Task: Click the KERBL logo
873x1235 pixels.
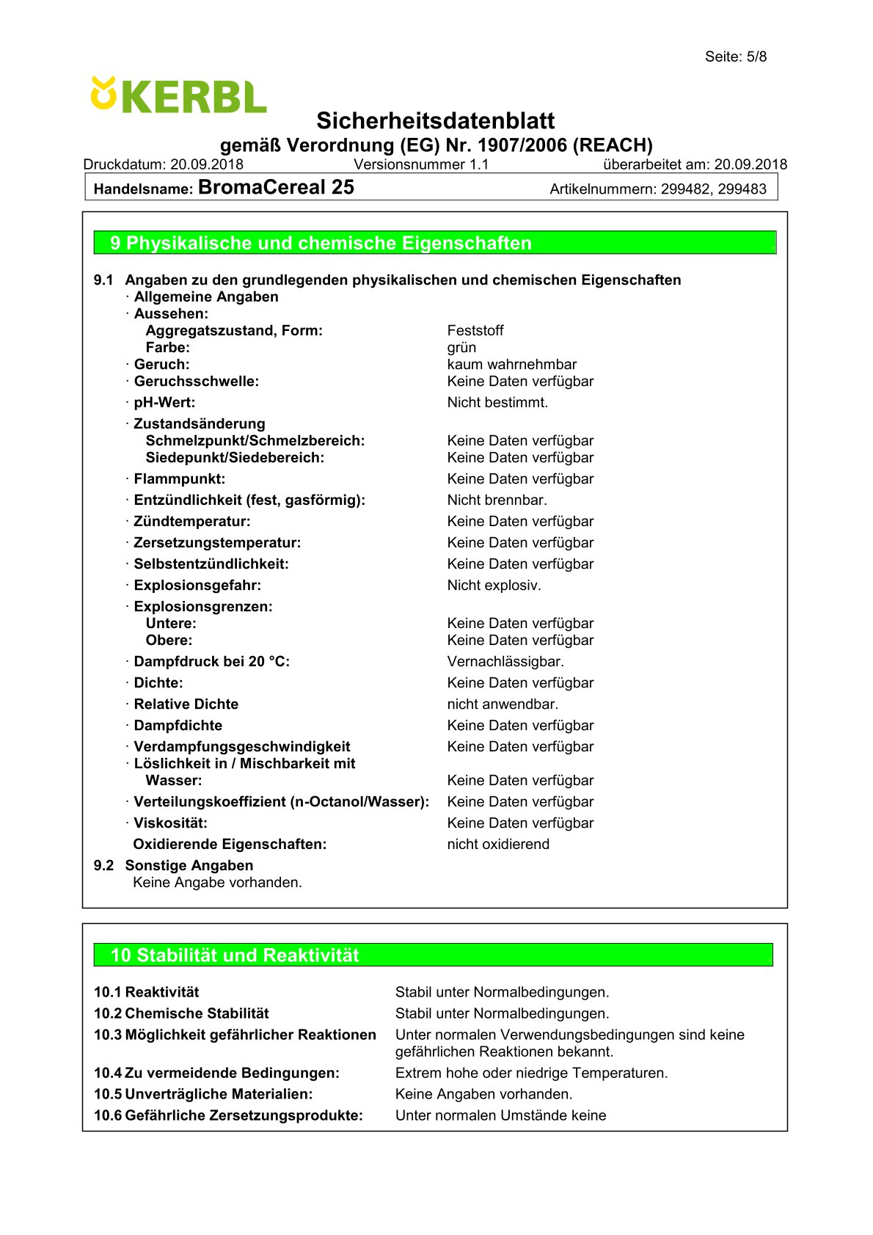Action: pos(178,95)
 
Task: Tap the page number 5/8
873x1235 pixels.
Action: pos(756,57)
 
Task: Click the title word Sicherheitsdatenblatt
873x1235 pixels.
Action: pos(435,120)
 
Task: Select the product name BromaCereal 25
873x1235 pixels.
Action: pos(276,187)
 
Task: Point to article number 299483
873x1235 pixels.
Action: pos(742,189)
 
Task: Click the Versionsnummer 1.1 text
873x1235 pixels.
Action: pos(421,164)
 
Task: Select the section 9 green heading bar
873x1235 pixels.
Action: pos(434,243)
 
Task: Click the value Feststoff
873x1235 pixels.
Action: pos(475,330)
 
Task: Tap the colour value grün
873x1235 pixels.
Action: pos(461,347)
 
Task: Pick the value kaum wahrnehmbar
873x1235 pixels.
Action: pos(511,364)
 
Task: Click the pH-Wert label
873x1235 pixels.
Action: pos(164,402)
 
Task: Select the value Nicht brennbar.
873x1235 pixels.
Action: pos(497,500)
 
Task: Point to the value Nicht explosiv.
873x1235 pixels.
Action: pos(494,585)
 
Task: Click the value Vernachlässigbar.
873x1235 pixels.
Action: pos(505,661)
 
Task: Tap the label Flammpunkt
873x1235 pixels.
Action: pos(179,478)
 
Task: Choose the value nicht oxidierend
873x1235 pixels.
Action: pos(498,844)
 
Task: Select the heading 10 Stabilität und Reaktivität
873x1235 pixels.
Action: pos(235,955)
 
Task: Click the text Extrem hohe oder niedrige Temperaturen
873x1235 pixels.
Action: pos(531,1073)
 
